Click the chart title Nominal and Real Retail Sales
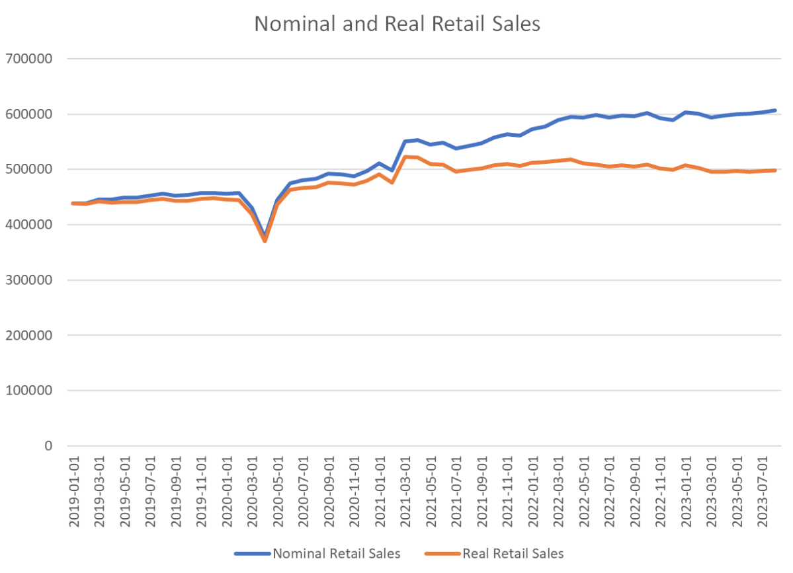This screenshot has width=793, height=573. coord(397,24)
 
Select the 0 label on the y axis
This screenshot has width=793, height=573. coord(48,446)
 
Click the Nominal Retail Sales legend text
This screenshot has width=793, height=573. coord(336,553)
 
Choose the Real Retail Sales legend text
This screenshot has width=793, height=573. coord(513,553)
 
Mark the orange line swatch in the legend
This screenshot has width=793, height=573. coord(441,553)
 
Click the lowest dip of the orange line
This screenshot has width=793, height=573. coord(265,241)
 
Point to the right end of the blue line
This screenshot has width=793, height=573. coord(774,110)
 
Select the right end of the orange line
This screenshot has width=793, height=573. coord(774,171)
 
